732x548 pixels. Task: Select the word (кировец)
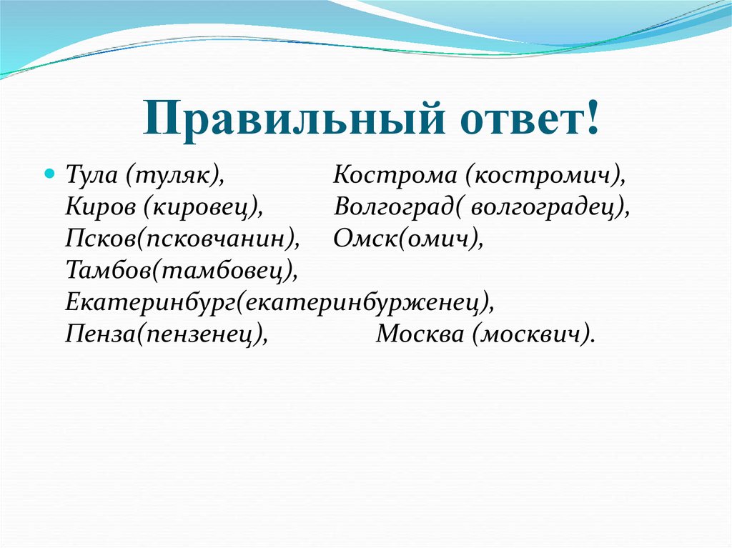coord(200,207)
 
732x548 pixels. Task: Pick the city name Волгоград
coord(395,207)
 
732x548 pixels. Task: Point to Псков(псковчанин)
coord(182,239)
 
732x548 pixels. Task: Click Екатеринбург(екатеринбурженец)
coord(279,302)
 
